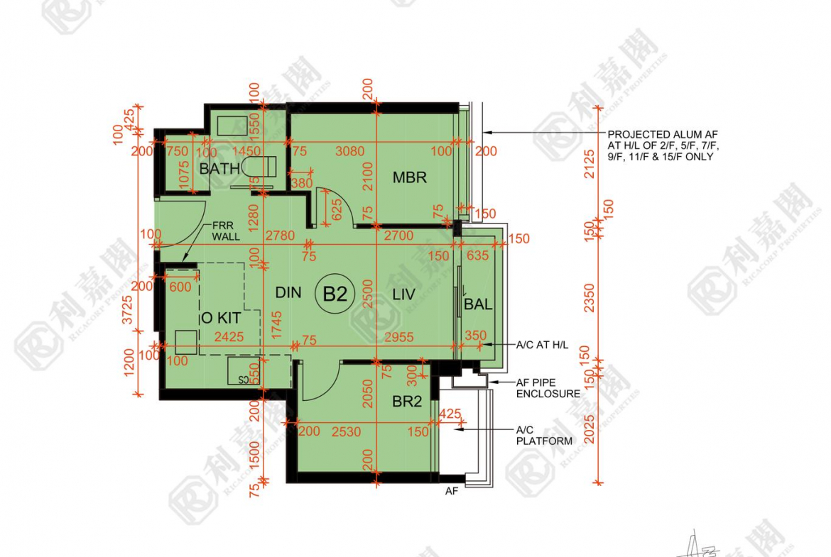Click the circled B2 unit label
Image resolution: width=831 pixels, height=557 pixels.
coord(335,294)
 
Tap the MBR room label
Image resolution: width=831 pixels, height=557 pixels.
coord(410,177)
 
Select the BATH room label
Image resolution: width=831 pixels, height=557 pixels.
coord(219,169)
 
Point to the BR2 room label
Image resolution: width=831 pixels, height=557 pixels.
coord(407,402)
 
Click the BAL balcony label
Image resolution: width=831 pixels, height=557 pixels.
coord(478,305)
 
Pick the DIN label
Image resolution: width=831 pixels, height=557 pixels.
coord(288,292)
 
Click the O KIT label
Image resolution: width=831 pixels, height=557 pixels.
coord(221,319)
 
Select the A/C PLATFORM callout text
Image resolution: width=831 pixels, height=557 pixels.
coord(543,435)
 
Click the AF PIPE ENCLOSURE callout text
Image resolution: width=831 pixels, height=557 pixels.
coord(548,387)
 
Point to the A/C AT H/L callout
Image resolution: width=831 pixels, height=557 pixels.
coord(542,345)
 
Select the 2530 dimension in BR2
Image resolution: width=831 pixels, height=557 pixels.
coord(345,431)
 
